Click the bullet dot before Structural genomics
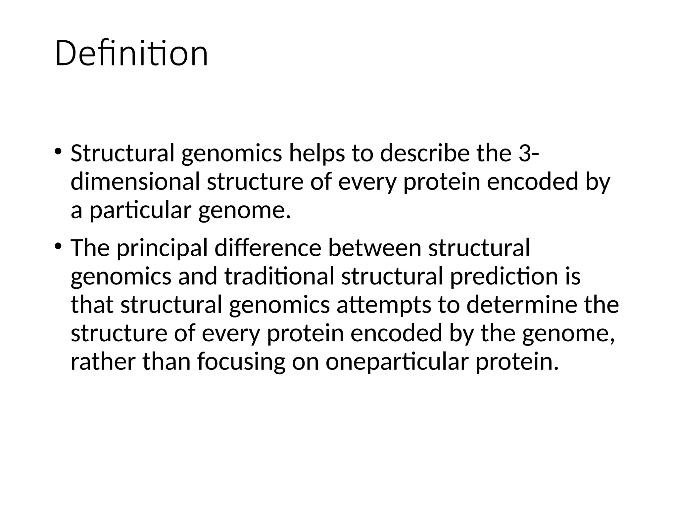[x=58, y=152]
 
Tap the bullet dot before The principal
[x=58, y=246]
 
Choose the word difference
[x=267, y=248]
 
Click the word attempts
[x=384, y=305]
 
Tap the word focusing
[x=241, y=361]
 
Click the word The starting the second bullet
[x=90, y=248]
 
